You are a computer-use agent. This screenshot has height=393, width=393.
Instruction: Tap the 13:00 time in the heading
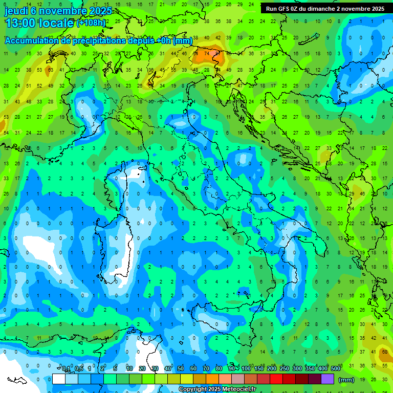(23, 24)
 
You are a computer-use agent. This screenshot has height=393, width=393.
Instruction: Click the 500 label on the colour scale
(336, 369)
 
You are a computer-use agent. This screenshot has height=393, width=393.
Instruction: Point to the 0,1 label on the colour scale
(66, 369)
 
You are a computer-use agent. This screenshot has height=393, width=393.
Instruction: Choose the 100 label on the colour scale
(246, 369)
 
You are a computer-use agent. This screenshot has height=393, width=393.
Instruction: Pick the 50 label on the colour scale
(181, 369)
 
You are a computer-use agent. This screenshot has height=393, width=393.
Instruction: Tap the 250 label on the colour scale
(285, 369)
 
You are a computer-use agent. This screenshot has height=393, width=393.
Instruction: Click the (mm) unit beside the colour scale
(346, 379)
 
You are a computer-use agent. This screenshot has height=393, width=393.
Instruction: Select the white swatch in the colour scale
(59, 379)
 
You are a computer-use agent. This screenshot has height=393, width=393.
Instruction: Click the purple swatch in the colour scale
(327, 379)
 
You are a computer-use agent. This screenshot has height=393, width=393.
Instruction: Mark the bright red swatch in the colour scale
(276, 379)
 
